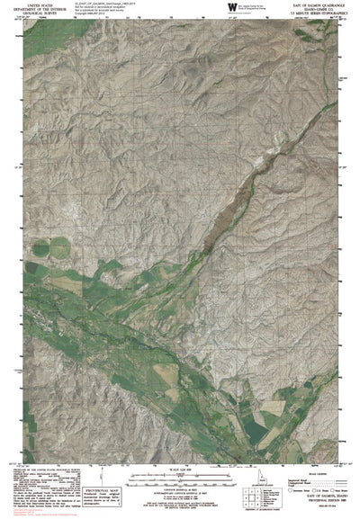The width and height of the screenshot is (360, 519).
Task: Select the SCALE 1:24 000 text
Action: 180,468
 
